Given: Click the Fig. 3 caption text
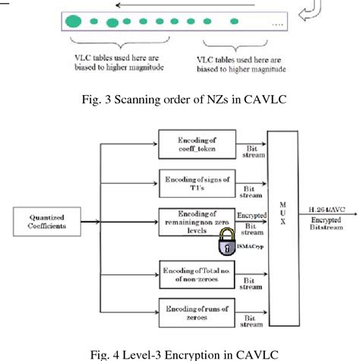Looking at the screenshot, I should click(180, 98).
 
